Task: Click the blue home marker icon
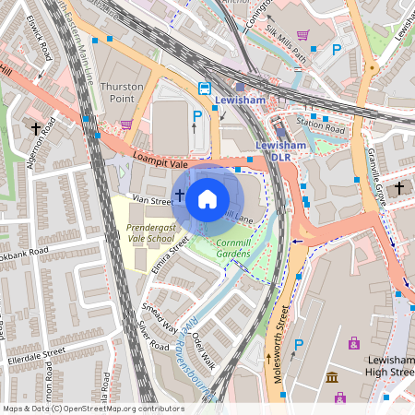click(x=207, y=198)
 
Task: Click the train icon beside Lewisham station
click(x=204, y=89)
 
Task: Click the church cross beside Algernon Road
click(x=37, y=129)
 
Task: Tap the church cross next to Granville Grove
click(x=399, y=188)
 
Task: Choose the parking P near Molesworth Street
click(x=297, y=345)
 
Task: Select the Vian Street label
click(x=151, y=199)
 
